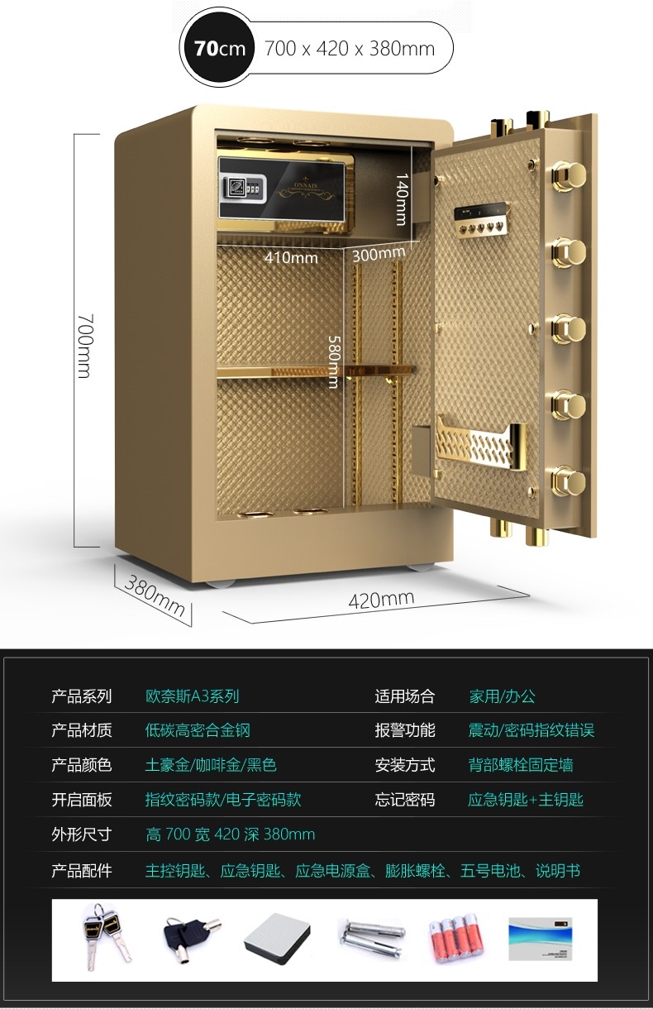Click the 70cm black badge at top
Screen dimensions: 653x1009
(220, 49)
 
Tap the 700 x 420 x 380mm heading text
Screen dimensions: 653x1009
(349, 49)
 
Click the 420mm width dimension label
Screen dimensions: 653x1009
(381, 600)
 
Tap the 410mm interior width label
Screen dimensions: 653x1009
(291, 257)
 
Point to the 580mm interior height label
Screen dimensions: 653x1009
(334, 361)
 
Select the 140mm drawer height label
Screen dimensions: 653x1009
(401, 199)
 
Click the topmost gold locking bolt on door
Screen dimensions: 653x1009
(569, 174)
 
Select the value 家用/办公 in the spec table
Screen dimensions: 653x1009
(503, 696)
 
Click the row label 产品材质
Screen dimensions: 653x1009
(81, 730)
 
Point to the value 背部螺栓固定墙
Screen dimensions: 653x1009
(521, 765)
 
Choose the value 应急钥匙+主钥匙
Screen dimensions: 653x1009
(526, 800)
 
